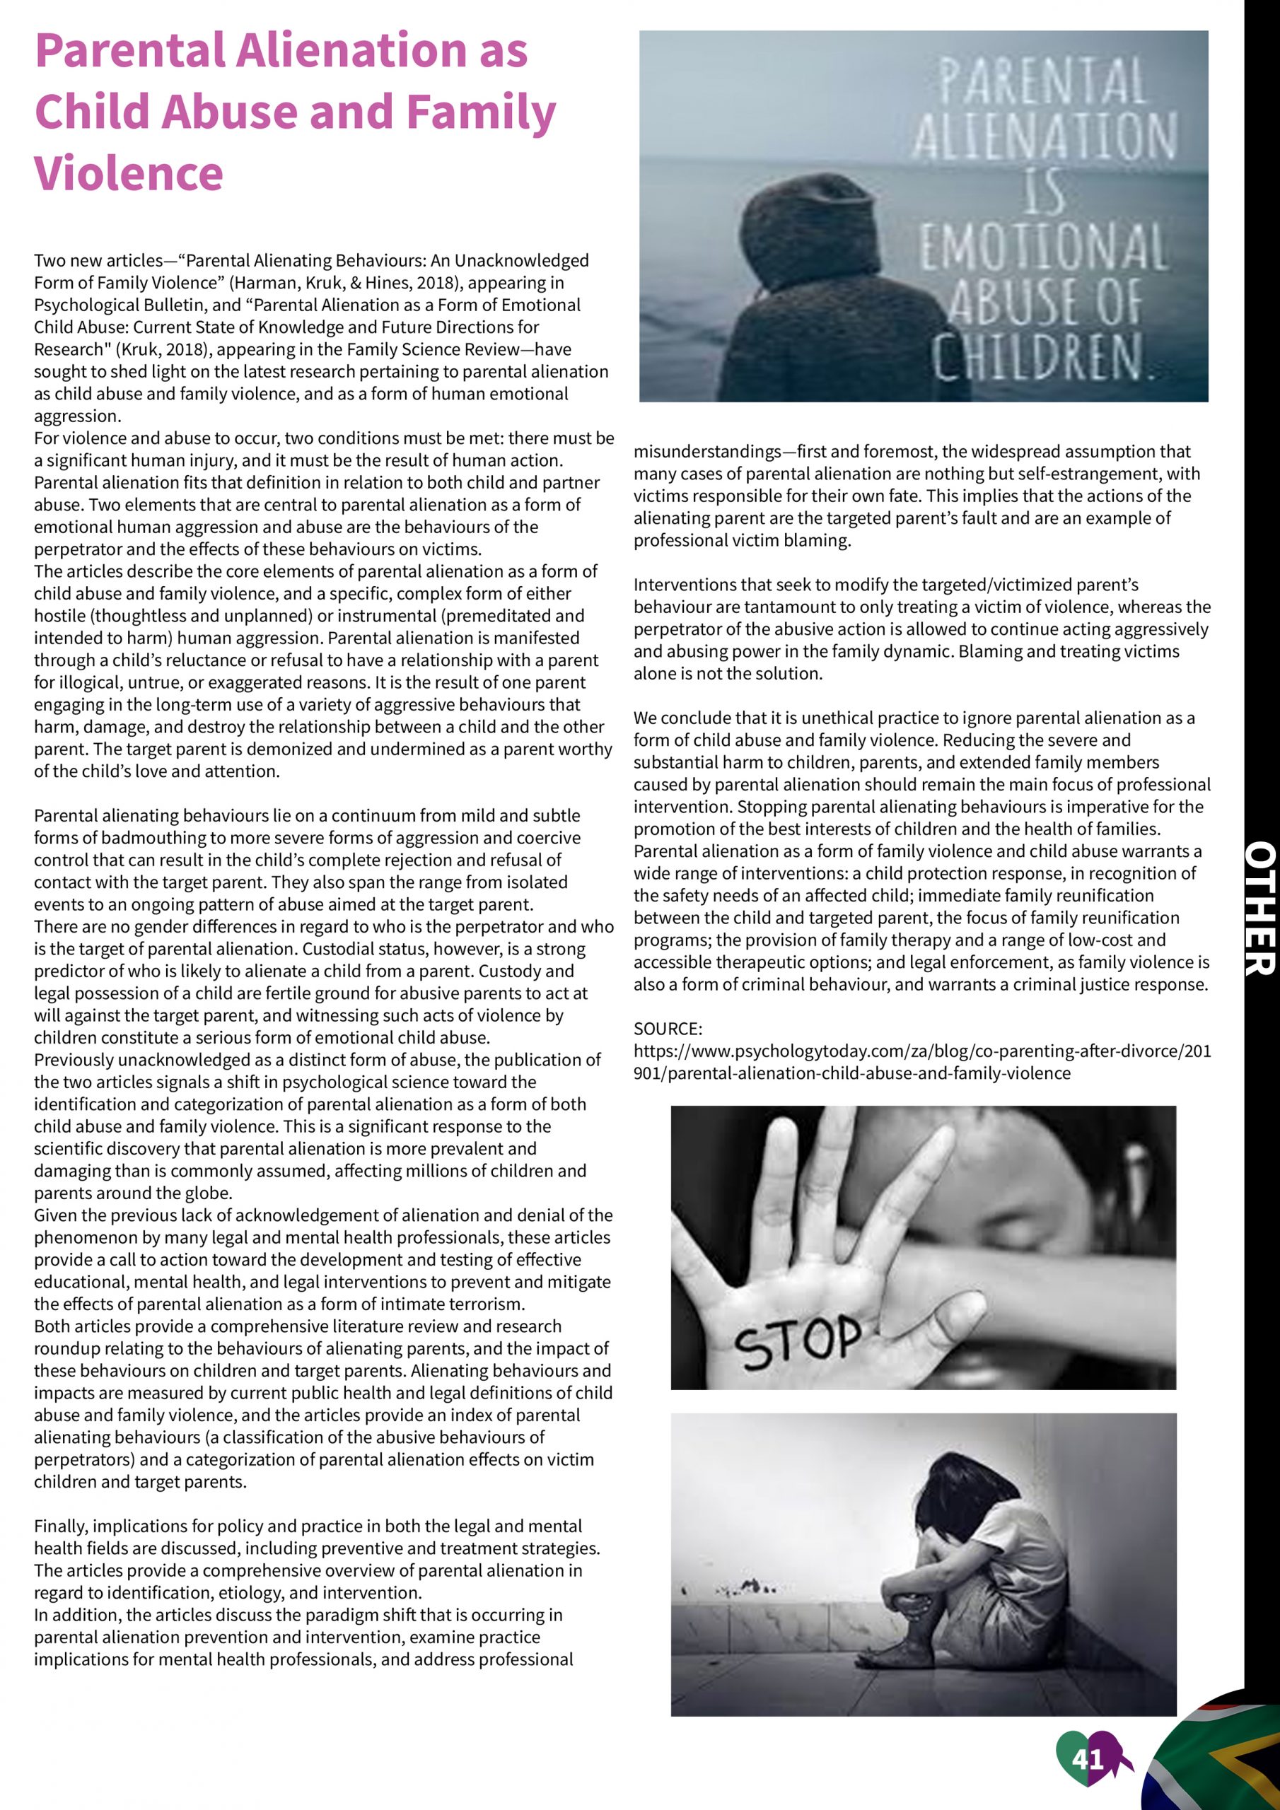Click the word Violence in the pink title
coord(129,173)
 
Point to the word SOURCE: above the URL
coord(667,1029)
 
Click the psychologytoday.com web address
coord(922,1062)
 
